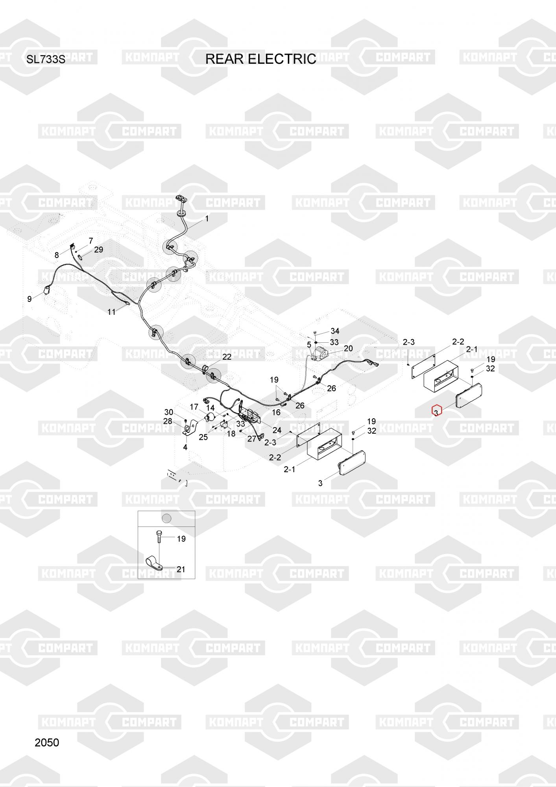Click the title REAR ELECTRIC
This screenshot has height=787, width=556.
(x=260, y=59)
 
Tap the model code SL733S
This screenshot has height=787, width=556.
(x=45, y=60)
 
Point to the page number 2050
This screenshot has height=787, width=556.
(x=47, y=743)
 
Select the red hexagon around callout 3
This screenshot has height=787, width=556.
(x=437, y=410)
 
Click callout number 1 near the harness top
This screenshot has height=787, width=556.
(x=207, y=218)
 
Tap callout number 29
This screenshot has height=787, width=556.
(x=98, y=249)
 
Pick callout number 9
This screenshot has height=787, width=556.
(x=30, y=299)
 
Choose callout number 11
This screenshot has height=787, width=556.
(x=112, y=312)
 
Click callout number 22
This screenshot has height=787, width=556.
(x=227, y=357)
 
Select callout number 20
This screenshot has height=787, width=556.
(x=348, y=348)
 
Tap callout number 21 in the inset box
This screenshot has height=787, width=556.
(x=181, y=569)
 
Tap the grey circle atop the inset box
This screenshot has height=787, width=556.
(x=167, y=518)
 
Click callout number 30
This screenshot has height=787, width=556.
(x=168, y=412)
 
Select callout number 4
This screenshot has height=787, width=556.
(x=185, y=447)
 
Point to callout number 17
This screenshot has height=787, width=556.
(x=194, y=407)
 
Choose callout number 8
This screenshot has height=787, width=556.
(x=57, y=255)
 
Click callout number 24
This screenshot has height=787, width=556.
(x=277, y=430)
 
